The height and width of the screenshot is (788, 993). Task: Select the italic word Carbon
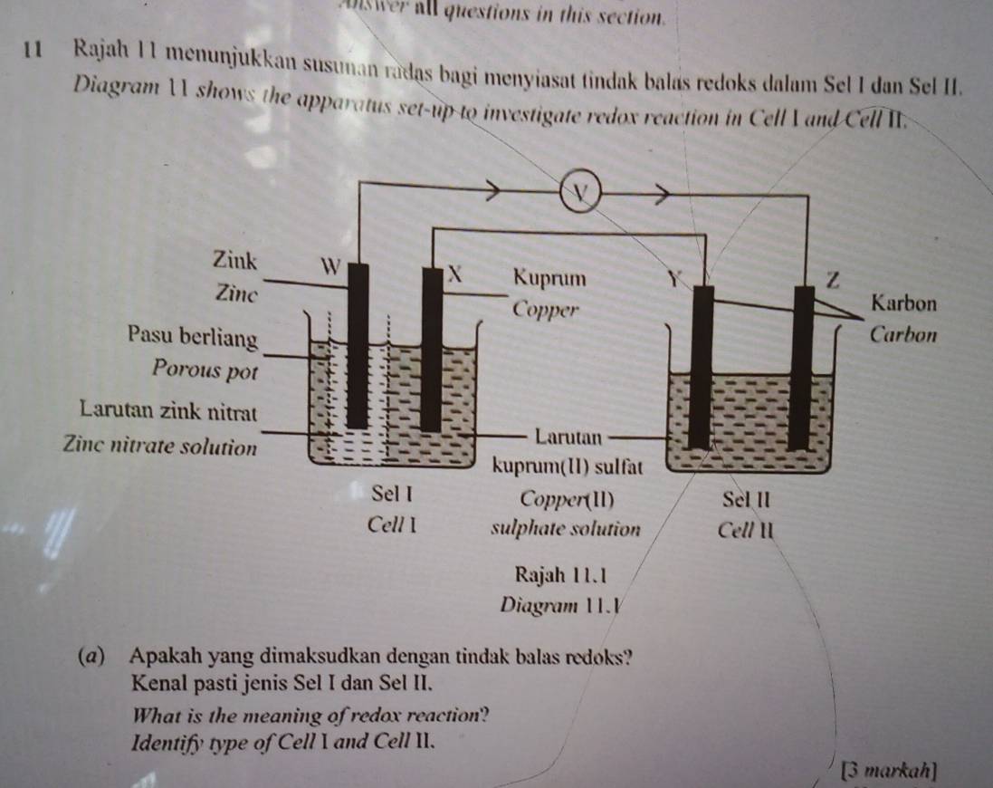906,333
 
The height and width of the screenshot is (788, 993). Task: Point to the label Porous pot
206,369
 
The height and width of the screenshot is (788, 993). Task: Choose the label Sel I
392,495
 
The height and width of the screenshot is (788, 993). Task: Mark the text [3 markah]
889,772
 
